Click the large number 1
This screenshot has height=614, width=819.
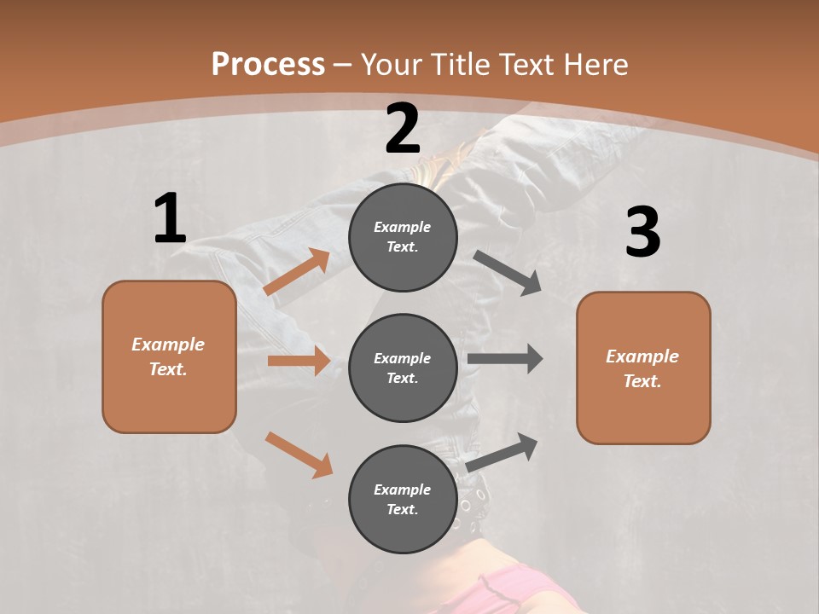point(170,218)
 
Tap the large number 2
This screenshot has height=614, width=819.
point(403,129)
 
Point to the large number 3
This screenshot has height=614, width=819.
point(642,232)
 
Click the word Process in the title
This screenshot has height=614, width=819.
point(268,65)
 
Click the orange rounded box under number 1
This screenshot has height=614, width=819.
point(169,356)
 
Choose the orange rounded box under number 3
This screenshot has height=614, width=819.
point(643,368)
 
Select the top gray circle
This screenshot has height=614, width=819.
point(403,237)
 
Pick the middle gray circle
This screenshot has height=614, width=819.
point(403,368)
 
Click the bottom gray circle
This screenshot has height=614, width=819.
point(403,499)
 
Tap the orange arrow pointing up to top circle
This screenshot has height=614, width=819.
point(297,272)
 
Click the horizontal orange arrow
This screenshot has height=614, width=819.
point(299,361)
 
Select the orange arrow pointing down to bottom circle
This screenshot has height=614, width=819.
point(299,455)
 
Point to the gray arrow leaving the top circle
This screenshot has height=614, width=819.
point(508,273)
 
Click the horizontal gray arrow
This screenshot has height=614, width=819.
point(505,359)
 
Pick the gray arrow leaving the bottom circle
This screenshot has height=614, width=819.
point(502,452)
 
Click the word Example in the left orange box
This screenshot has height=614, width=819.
point(168,345)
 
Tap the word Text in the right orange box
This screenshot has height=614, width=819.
point(642,381)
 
